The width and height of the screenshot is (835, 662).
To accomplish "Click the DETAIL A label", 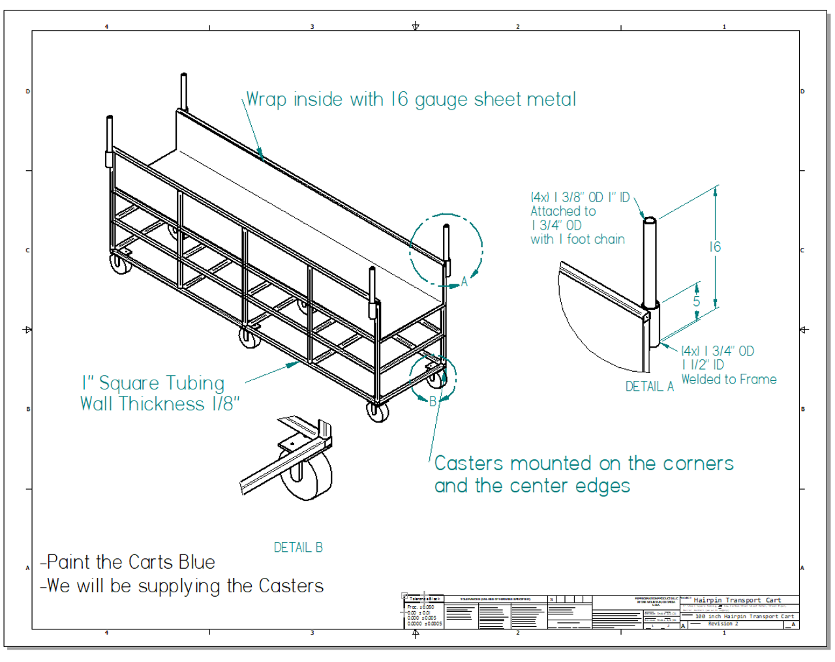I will pos(649,387).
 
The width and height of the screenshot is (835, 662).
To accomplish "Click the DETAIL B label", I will pos(298,548).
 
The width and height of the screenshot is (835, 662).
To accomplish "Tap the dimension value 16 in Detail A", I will pos(715,247).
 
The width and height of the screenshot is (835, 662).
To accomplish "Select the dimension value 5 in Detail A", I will pos(696,301).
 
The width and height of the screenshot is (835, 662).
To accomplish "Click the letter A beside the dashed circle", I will pos(464,281).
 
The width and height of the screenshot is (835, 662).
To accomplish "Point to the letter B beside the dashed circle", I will pos(433,402).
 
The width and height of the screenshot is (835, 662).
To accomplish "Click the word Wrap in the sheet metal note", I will pos(266,100).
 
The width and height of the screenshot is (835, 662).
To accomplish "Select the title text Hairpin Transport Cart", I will pos(737,600).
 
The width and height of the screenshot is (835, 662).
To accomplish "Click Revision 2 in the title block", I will pos(723,624).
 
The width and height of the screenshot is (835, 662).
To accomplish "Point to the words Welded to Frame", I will pos(729,380).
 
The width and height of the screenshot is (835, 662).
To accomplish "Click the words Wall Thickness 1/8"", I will pos(160,404).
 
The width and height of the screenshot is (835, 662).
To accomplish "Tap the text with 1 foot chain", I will pos(577,239).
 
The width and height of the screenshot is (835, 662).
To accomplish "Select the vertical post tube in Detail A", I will pos(650,261).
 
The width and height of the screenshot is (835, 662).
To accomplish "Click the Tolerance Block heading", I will pos(424,599).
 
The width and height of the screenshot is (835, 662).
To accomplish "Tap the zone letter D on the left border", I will pos(27,91).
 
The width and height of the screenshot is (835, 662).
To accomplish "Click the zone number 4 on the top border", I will pos(107,27).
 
